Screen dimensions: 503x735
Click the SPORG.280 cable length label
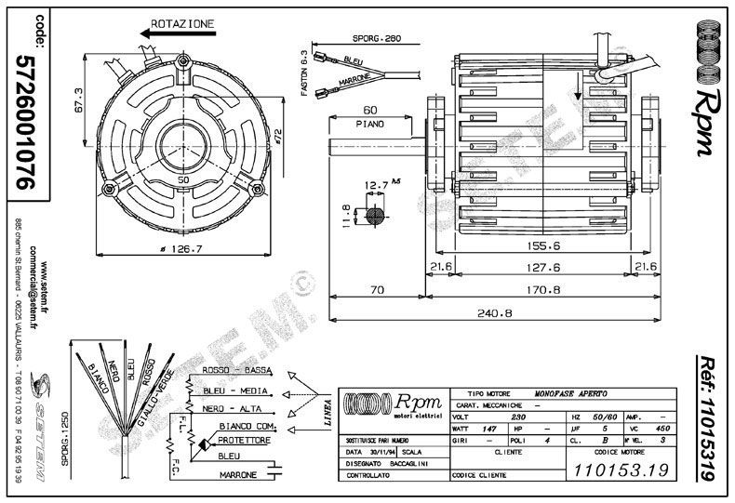click(x=376, y=39)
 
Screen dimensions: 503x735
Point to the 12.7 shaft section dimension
click(x=378, y=185)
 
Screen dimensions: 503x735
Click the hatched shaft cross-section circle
click(x=376, y=216)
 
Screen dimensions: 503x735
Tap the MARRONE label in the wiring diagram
click(x=238, y=476)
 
